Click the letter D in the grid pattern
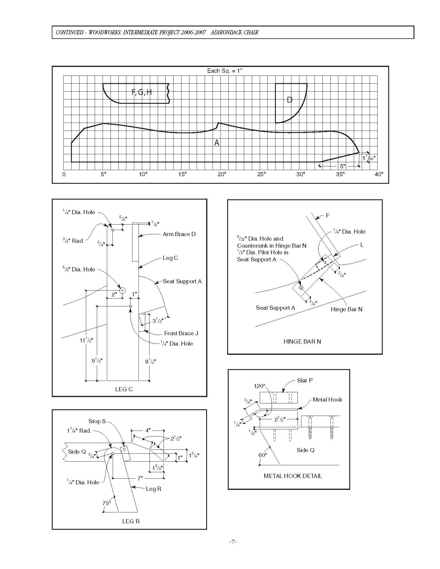(x=290, y=100)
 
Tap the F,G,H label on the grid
(x=142, y=92)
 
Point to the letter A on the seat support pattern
(x=217, y=143)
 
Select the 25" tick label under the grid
(x=261, y=174)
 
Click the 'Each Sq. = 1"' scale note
(x=225, y=71)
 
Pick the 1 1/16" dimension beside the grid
(x=369, y=158)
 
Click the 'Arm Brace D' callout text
(x=179, y=234)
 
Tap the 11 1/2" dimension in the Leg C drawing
(x=86, y=340)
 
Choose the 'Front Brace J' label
(x=181, y=333)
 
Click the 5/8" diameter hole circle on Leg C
(x=122, y=290)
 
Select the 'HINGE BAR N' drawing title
(x=302, y=341)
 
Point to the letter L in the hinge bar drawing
(x=362, y=245)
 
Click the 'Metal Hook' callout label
(x=327, y=400)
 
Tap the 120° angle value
(x=260, y=386)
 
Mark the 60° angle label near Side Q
(x=263, y=455)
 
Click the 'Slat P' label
(x=305, y=380)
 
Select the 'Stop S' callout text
(x=97, y=421)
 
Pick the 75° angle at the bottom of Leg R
(x=106, y=503)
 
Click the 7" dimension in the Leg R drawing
(x=140, y=478)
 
